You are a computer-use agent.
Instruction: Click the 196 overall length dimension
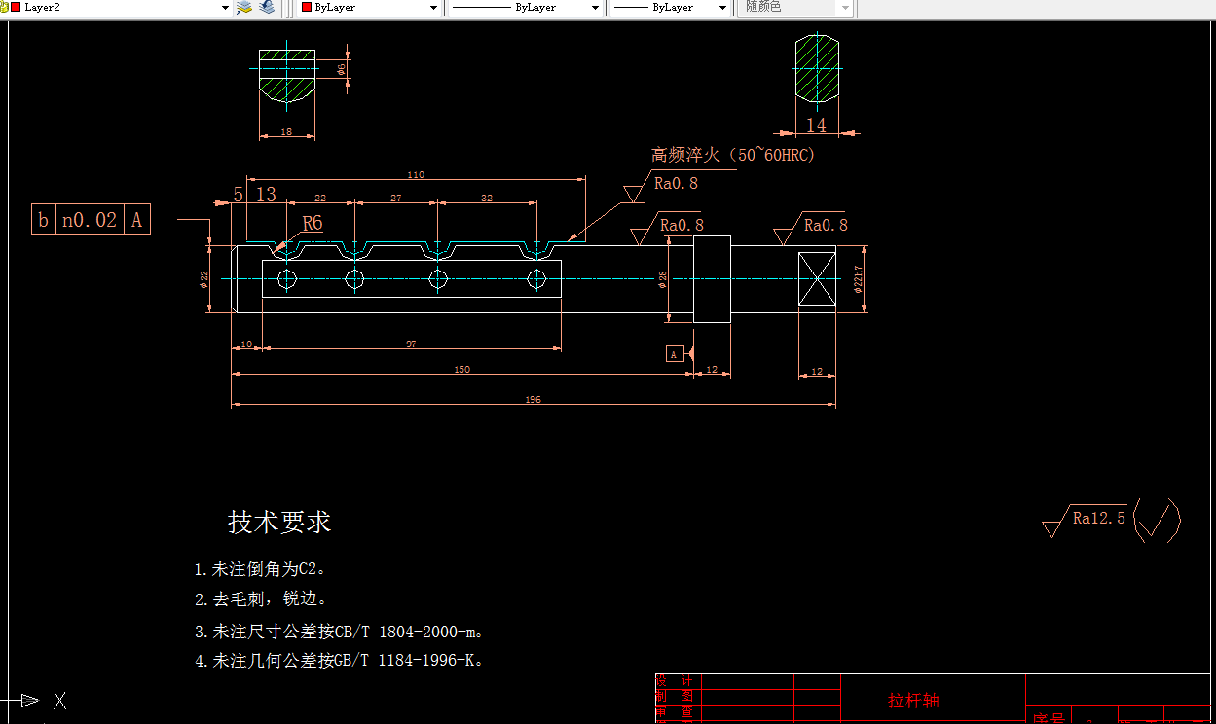(533, 400)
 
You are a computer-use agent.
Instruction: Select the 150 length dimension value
(461, 369)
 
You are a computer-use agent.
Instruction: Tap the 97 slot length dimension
(411, 344)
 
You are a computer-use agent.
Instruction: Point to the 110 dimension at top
(416, 175)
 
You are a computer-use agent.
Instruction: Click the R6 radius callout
(312, 224)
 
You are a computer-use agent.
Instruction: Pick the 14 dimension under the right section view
(816, 126)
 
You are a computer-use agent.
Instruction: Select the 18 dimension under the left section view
(286, 131)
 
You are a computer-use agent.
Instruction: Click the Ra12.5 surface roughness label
(1098, 518)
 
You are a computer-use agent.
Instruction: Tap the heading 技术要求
(279, 522)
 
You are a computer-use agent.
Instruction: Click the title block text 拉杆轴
(913, 701)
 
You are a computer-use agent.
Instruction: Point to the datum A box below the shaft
(675, 354)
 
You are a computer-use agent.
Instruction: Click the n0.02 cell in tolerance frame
(90, 220)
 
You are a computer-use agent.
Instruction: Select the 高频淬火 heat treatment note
(732, 155)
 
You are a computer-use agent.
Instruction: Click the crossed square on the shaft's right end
(817, 278)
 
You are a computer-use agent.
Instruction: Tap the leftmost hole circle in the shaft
(287, 280)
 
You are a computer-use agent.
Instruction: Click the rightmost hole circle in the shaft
(536, 280)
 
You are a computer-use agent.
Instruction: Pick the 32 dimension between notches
(487, 198)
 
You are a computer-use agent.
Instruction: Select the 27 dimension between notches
(396, 198)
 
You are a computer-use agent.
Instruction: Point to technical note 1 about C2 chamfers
(258, 569)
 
